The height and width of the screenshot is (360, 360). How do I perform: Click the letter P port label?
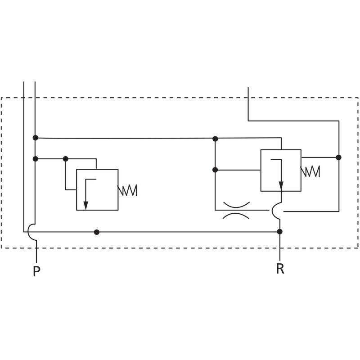point(36,272)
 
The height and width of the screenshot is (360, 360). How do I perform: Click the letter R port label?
point(280,269)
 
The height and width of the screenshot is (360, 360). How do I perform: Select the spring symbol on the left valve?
point(127,190)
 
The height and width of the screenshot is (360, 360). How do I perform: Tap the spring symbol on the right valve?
point(310,171)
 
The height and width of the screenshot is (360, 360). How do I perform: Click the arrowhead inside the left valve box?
point(85,205)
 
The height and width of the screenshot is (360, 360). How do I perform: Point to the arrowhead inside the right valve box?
point(281,185)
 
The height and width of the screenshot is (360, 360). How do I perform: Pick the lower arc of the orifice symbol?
point(236,216)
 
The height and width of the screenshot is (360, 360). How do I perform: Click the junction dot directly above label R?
point(279,231)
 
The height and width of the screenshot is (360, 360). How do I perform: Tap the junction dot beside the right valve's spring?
point(338,157)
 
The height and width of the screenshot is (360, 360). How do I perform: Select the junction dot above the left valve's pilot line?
point(66,159)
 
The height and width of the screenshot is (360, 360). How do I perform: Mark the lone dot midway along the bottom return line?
point(96,232)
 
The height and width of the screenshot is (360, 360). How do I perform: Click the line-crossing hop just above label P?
point(31,232)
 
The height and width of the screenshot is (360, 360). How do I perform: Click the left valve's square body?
point(97,189)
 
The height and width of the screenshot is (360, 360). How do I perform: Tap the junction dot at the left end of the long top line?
point(36,138)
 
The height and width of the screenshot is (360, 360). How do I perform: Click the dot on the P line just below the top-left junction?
point(36,159)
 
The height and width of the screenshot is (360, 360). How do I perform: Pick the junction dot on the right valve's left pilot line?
point(215,170)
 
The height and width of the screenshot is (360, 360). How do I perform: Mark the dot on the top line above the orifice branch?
point(215,139)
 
